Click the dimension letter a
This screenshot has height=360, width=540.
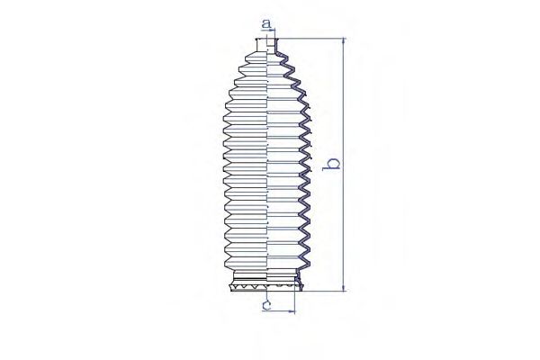click(x=266, y=24)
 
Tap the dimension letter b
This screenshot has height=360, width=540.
click(x=331, y=164)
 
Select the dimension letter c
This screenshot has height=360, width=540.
click(x=267, y=304)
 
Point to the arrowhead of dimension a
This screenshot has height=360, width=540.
click(x=273, y=31)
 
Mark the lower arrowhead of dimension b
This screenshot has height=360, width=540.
click(x=344, y=287)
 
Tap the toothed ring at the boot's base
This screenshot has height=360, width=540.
click(x=266, y=286)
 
